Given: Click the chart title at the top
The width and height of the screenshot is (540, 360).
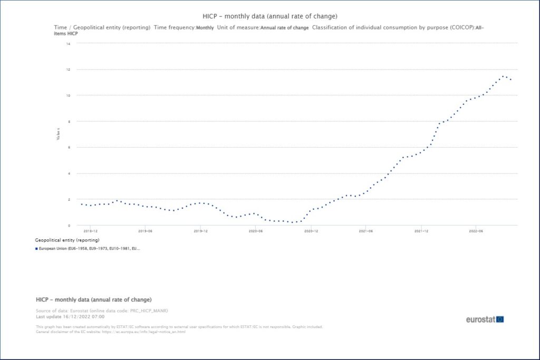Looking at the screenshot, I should coord(269,16).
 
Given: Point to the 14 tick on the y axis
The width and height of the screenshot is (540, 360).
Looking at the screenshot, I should coord(69,44).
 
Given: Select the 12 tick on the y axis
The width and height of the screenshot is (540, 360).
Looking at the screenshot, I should coord(69,70).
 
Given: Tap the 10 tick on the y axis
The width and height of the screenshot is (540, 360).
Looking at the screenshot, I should coord(69,95).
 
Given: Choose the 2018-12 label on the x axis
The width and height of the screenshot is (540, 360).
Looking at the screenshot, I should coord(91,231).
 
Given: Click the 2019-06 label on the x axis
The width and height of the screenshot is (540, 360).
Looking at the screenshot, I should coord(146,231).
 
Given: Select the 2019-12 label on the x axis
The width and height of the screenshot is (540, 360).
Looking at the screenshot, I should coord(200,231).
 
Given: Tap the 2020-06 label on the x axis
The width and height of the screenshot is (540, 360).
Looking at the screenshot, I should coord(256,231).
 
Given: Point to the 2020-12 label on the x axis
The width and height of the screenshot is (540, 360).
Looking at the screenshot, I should coord(311,231).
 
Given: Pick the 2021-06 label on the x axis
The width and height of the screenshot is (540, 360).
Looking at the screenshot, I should coord(366,231).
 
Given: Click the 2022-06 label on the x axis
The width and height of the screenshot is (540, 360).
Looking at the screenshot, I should coord(476,231).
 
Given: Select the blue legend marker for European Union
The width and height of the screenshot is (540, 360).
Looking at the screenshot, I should coord(36,248).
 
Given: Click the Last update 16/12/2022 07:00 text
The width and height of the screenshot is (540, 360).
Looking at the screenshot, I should coord(70,317).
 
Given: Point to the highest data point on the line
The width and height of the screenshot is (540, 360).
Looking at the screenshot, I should coord(504,76).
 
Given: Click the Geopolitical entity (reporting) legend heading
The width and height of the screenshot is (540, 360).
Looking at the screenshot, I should coord(67,240).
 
